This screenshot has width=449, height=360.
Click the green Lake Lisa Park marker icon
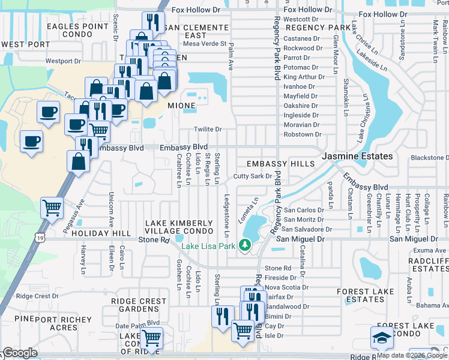245,245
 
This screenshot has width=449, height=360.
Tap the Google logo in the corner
20,353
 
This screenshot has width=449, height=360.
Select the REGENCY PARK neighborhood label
318,28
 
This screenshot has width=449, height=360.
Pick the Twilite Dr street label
208,129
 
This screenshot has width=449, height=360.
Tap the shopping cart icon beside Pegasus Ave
52,208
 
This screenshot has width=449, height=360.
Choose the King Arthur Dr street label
304,77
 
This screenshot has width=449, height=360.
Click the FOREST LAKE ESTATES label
361,295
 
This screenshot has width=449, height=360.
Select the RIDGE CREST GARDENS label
139,305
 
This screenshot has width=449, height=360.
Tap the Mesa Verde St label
205,44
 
